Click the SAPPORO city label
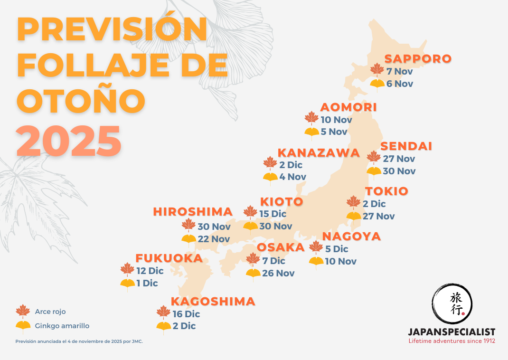click(x=418, y=59)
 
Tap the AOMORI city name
click(x=348, y=107)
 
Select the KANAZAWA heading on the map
click(x=319, y=153)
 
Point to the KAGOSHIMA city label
click(x=213, y=302)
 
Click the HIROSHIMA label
click(x=193, y=212)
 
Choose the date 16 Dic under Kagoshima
click(x=186, y=314)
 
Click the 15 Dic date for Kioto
click(x=273, y=214)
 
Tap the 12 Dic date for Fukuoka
click(x=150, y=271)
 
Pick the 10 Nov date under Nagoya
click(x=340, y=261)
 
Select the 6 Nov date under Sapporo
click(x=400, y=84)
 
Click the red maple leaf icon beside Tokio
click(x=353, y=202)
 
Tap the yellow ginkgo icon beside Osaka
click(x=253, y=274)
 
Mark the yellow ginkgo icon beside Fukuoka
click(x=127, y=284)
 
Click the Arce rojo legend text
click(x=50, y=312)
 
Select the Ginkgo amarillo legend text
click(x=62, y=326)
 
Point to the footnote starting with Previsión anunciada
click(x=79, y=341)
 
